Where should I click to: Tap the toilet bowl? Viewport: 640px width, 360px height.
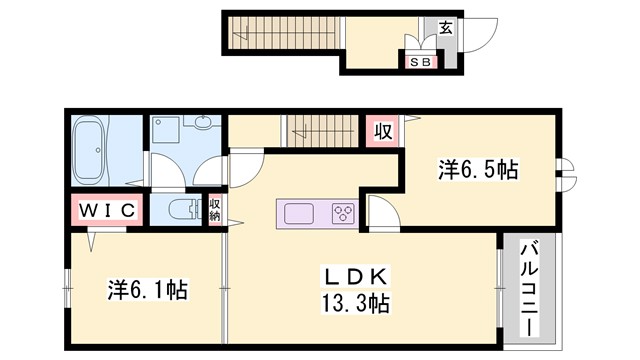coord(184,209)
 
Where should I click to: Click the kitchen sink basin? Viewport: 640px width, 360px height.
coord(300,213)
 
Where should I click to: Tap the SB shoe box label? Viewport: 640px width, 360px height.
coord(420,60)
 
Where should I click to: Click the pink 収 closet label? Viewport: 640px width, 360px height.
coord(381,131)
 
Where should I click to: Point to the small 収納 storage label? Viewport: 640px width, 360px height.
coord(214,209)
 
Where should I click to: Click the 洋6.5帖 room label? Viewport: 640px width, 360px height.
coord(477,169)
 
